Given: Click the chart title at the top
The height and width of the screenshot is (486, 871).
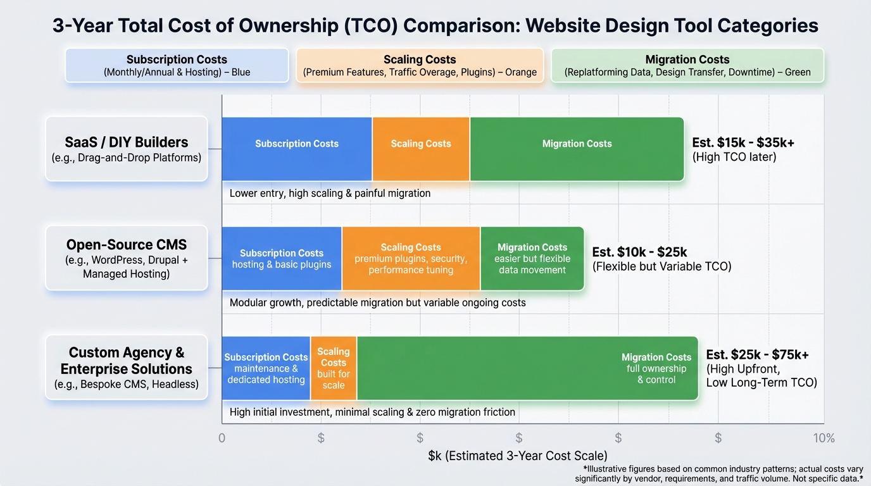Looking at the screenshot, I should point(435,26).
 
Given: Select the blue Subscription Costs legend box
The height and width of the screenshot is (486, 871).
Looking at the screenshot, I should point(177,65).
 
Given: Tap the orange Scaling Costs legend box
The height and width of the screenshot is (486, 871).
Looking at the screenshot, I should point(420,65).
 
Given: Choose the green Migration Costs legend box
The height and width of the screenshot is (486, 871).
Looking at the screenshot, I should point(687,65).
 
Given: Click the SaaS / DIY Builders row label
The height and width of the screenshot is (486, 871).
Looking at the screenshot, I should point(127,149).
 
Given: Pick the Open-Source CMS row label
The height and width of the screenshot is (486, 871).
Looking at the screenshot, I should point(127,258).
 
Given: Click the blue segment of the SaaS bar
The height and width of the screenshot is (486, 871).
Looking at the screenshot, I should point(297,149).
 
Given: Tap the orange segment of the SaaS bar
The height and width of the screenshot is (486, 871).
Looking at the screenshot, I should point(421,149).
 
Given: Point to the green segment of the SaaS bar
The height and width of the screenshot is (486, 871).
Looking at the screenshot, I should point(577,149).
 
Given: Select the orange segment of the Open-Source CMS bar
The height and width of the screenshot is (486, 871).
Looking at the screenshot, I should point(411,259).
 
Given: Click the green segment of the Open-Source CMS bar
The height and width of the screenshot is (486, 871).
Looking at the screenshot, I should point(532,259).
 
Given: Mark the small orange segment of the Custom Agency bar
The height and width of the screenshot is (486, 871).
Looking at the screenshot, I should point(334,368).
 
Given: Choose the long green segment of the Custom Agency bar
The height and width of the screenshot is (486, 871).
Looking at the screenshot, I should point(527,368).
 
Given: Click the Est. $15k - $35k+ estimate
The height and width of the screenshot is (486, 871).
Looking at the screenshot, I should point(743,143).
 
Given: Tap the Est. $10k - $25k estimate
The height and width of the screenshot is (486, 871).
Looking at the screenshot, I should point(639,252).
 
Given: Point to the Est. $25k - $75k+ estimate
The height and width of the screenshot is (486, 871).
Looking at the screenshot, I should point(757,355).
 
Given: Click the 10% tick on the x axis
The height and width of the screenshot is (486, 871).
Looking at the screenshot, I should point(824,438).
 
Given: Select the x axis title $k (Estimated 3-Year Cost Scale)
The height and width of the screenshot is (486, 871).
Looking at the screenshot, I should point(518,456).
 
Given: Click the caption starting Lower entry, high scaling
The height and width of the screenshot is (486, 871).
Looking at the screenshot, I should point(330,193).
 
